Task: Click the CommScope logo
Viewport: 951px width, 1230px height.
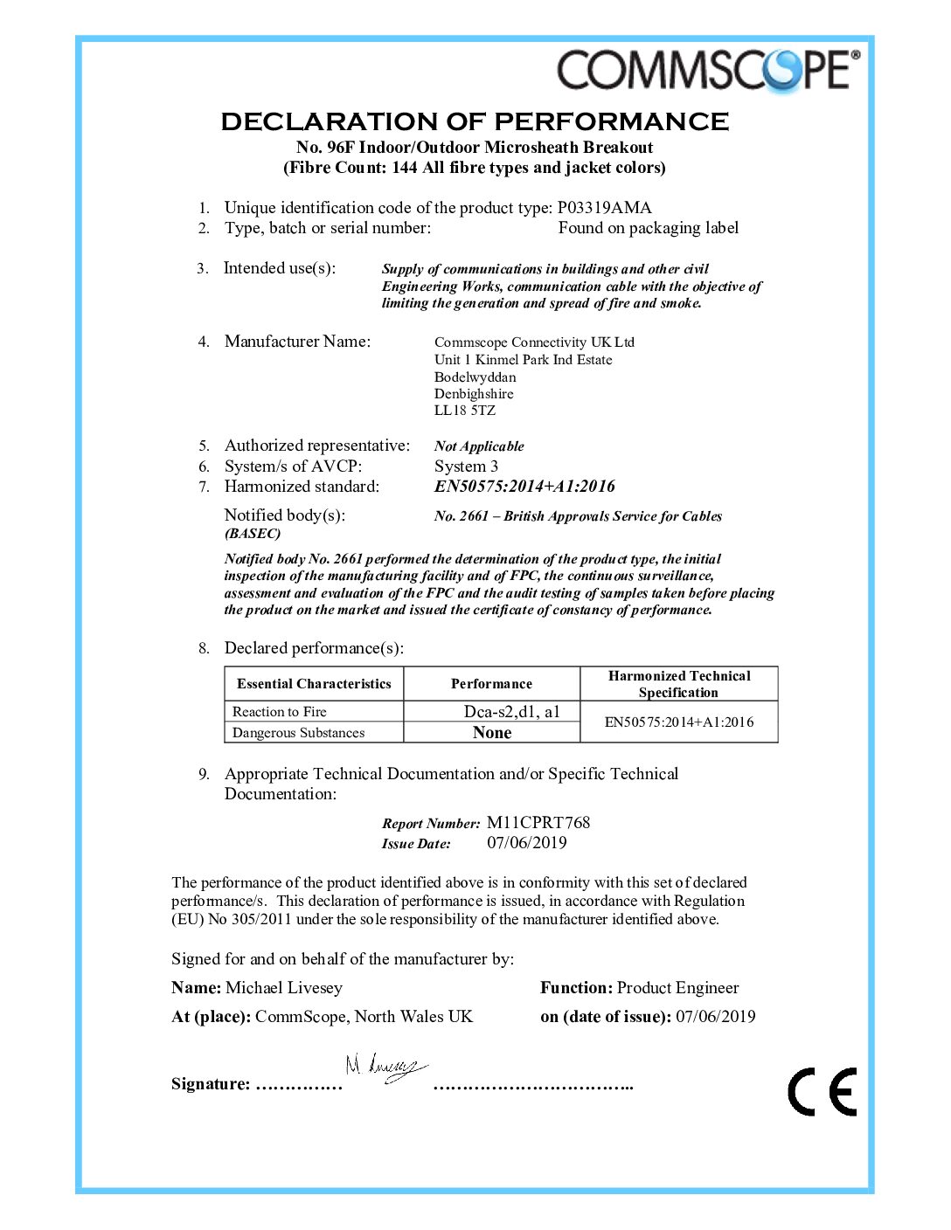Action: [x=708, y=70]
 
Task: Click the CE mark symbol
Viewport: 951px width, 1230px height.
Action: [x=822, y=1091]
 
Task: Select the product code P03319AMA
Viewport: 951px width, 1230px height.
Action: [x=604, y=208]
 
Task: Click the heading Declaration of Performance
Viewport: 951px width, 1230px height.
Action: [x=475, y=121]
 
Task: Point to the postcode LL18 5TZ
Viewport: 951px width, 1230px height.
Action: [x=464, y=411]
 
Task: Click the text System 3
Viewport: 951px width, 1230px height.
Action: [x=466, y=466]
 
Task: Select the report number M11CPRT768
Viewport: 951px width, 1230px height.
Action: [x=538, y=823]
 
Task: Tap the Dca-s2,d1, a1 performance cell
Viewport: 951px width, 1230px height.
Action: [x=511, y=712]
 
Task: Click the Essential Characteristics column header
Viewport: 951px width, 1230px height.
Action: [x=314, y=684]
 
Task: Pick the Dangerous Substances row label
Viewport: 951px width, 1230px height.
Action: [x=298, y=733]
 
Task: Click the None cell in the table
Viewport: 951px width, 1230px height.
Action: [x=492, y=733]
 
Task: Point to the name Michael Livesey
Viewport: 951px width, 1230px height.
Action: [x=284, y=988]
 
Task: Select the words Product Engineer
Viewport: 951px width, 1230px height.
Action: [x=677, y=988]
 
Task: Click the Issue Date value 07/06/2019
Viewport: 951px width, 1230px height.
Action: [x=526, y=843]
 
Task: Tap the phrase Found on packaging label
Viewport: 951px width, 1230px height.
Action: [x=648, y=228]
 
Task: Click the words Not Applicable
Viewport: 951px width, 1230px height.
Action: [x=479, y=446]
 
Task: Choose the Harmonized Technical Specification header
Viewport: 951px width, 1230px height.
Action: [x=678, y=684]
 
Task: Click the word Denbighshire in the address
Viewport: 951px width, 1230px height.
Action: [x=474, y=394]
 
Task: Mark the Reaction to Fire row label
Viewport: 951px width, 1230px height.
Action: [x=279, y=712]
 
